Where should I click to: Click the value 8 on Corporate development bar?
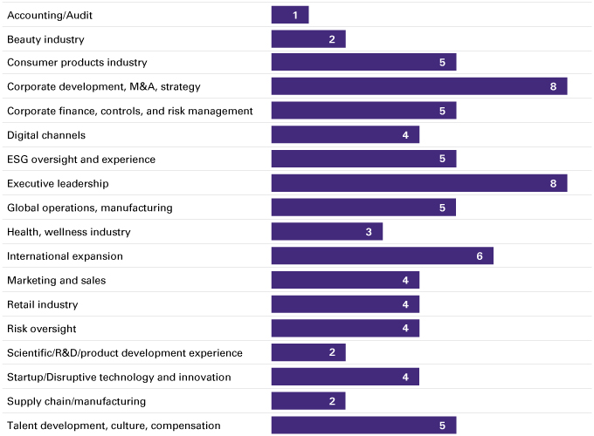click(x=554, y=87)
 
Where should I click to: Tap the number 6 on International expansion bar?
click(x=480, y=256)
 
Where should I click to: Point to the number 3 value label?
click(x=369, y=232)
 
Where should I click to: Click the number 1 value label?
click(x=295, y=15)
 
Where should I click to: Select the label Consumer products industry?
click(x=77, y=63)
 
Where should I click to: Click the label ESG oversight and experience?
click(x=81, y=160)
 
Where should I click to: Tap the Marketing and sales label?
click(x=56, y=280)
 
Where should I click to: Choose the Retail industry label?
click(x=43, y=304)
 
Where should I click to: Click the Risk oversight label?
click(x=42, y=329)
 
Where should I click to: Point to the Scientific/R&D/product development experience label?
click(x=125, y=353)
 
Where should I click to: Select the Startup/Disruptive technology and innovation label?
click(x=119, y=377)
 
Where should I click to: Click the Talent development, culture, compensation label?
click(x=114, y=426)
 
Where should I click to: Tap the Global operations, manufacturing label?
click(x=90, y=208)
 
